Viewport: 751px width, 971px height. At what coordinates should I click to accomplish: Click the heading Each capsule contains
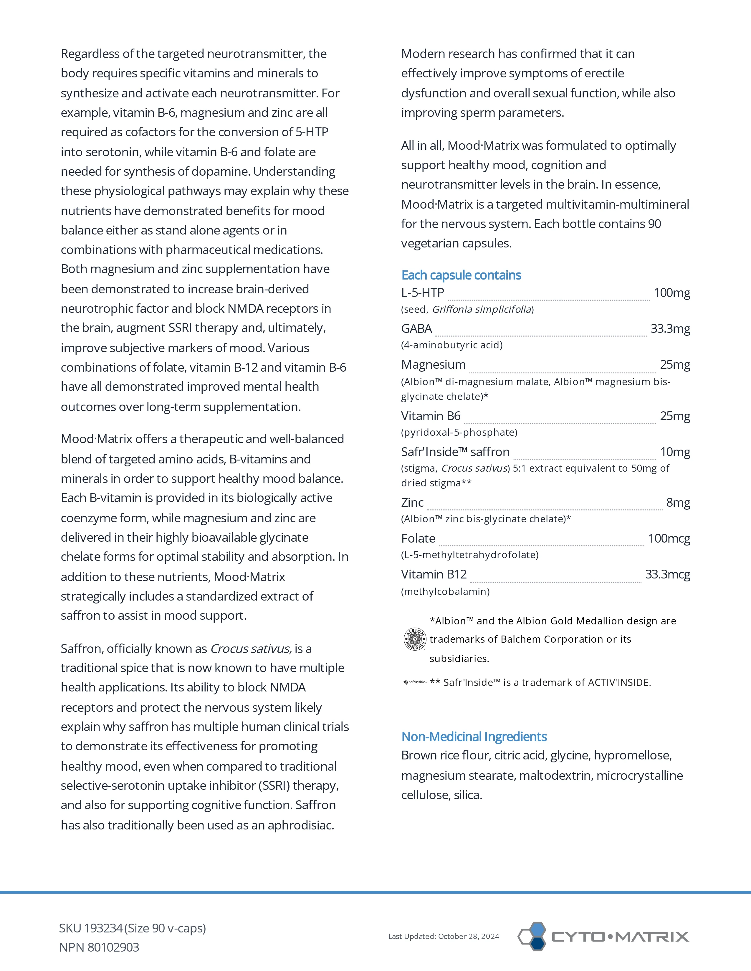pos(461,275)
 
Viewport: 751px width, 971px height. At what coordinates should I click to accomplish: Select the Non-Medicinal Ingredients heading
pos(474,737)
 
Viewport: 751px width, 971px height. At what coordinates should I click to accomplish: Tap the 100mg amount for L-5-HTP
pos(672,293)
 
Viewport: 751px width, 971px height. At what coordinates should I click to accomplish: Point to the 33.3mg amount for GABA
pos(670,329)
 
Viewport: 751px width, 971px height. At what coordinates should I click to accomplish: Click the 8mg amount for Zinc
pos(678,503)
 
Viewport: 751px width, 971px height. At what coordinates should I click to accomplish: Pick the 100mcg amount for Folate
pos(669,539)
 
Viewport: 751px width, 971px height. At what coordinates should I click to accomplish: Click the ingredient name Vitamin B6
pos(431,416)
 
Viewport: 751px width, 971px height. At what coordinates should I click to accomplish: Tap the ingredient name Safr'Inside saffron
pos(455,452)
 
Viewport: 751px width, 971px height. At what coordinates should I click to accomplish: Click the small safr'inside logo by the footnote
pos(415,682)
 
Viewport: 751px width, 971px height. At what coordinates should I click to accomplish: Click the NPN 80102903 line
pos(99,947)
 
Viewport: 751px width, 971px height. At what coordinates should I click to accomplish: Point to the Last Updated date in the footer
pos(444,936)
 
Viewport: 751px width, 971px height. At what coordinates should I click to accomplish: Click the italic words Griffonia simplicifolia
pos(482,310)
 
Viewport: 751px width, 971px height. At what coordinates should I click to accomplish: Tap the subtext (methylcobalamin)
pos(445,592)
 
